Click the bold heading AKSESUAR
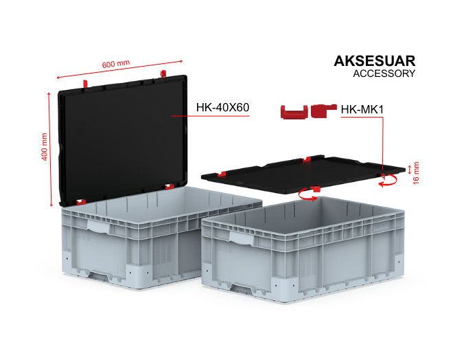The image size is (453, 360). [x=375, y=61]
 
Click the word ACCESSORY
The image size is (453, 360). [x=384, y=74]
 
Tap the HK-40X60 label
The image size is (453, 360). [x=222, y=107]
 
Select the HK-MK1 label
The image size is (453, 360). [x=362, y=110]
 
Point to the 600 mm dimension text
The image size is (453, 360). [x=116, y=64]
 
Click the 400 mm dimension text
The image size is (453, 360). [x=44, y=146]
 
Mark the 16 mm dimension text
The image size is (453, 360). [x=416, y=173]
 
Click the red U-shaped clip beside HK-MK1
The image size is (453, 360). [x=294, y=112]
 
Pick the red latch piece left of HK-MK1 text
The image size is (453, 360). [x=323, y=111]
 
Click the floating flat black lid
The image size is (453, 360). [x=303, y=175]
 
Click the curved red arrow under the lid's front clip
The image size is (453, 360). [x=307, y=195]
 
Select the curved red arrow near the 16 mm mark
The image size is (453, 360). [x=389, y=181]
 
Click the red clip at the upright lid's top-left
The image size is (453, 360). [x=85, y=84]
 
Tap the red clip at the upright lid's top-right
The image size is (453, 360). [x=163, y=74]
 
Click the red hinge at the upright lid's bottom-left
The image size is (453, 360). [x=81, y=201]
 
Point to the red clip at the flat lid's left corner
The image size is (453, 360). [x=222, y=174]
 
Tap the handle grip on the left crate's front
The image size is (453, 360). [x=99, y=225]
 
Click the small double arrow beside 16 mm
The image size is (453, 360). [x=409, y=170]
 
